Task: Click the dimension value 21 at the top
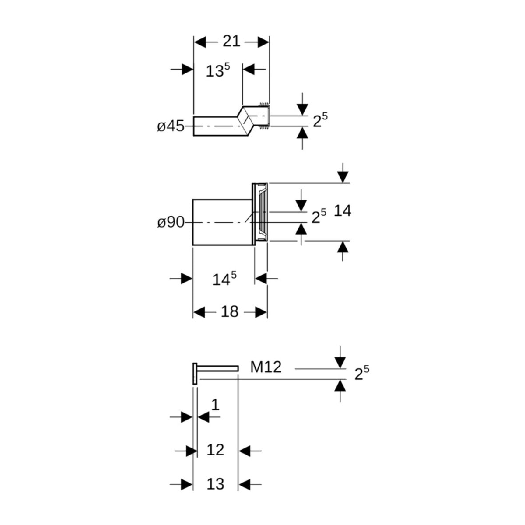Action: click(231, 41)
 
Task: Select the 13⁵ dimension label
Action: click(217, 70)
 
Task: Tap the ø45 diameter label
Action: click(171, 126)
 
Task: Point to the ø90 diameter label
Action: click(171, 222)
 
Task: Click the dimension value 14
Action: click(342, 211)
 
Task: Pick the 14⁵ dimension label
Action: click(224, 279)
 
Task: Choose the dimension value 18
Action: click(229, 312)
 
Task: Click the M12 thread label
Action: click(266, 367)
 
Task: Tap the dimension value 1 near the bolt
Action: click(215, 405)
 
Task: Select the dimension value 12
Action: click(215, 450)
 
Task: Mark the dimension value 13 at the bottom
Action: click(215, 484)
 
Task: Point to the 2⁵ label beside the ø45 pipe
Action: click(320, 120)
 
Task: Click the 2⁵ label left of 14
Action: click(318, 216)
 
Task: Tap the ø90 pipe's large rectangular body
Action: click(223, 222)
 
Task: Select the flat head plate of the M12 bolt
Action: click(195, 374)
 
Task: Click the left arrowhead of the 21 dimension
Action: click(199, 42)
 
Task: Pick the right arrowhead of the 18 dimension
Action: click(261, 312)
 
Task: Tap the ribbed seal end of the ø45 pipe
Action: click(264, 116)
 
